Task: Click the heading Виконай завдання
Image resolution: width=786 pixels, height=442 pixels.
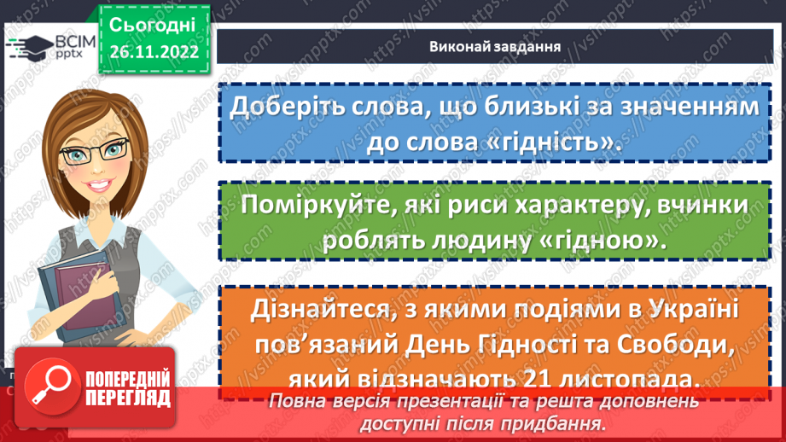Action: [x=494, y=47]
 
